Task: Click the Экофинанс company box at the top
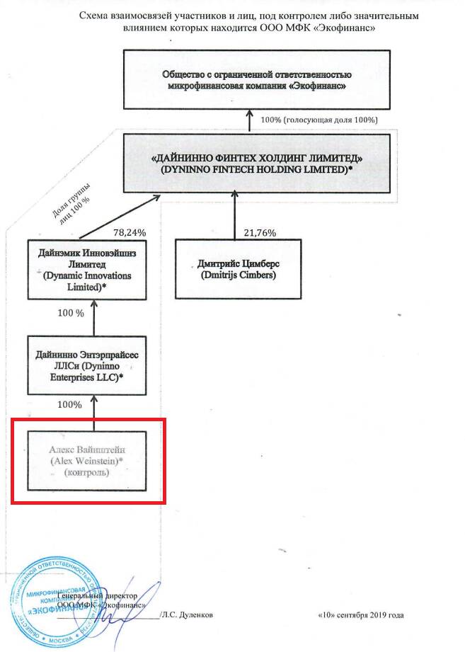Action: [x=256, y=80]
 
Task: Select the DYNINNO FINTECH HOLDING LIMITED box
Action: [x=256, y=164]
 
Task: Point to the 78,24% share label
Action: [x=130, y=231]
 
